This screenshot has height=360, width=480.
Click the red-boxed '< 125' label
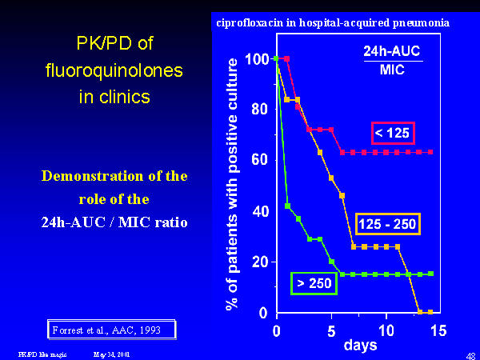(392, 133)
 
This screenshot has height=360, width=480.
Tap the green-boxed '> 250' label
(314, 283)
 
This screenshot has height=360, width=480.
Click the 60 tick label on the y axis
(259, 161)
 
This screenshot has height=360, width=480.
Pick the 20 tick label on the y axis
(259, 262)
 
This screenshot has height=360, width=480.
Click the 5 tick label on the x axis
(331, 329)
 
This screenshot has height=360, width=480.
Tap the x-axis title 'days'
(360, 346)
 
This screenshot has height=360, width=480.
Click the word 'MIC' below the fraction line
(392, 70)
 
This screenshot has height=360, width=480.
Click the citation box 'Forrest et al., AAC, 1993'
(109, 329)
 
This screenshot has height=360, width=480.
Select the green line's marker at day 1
(287, 206)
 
